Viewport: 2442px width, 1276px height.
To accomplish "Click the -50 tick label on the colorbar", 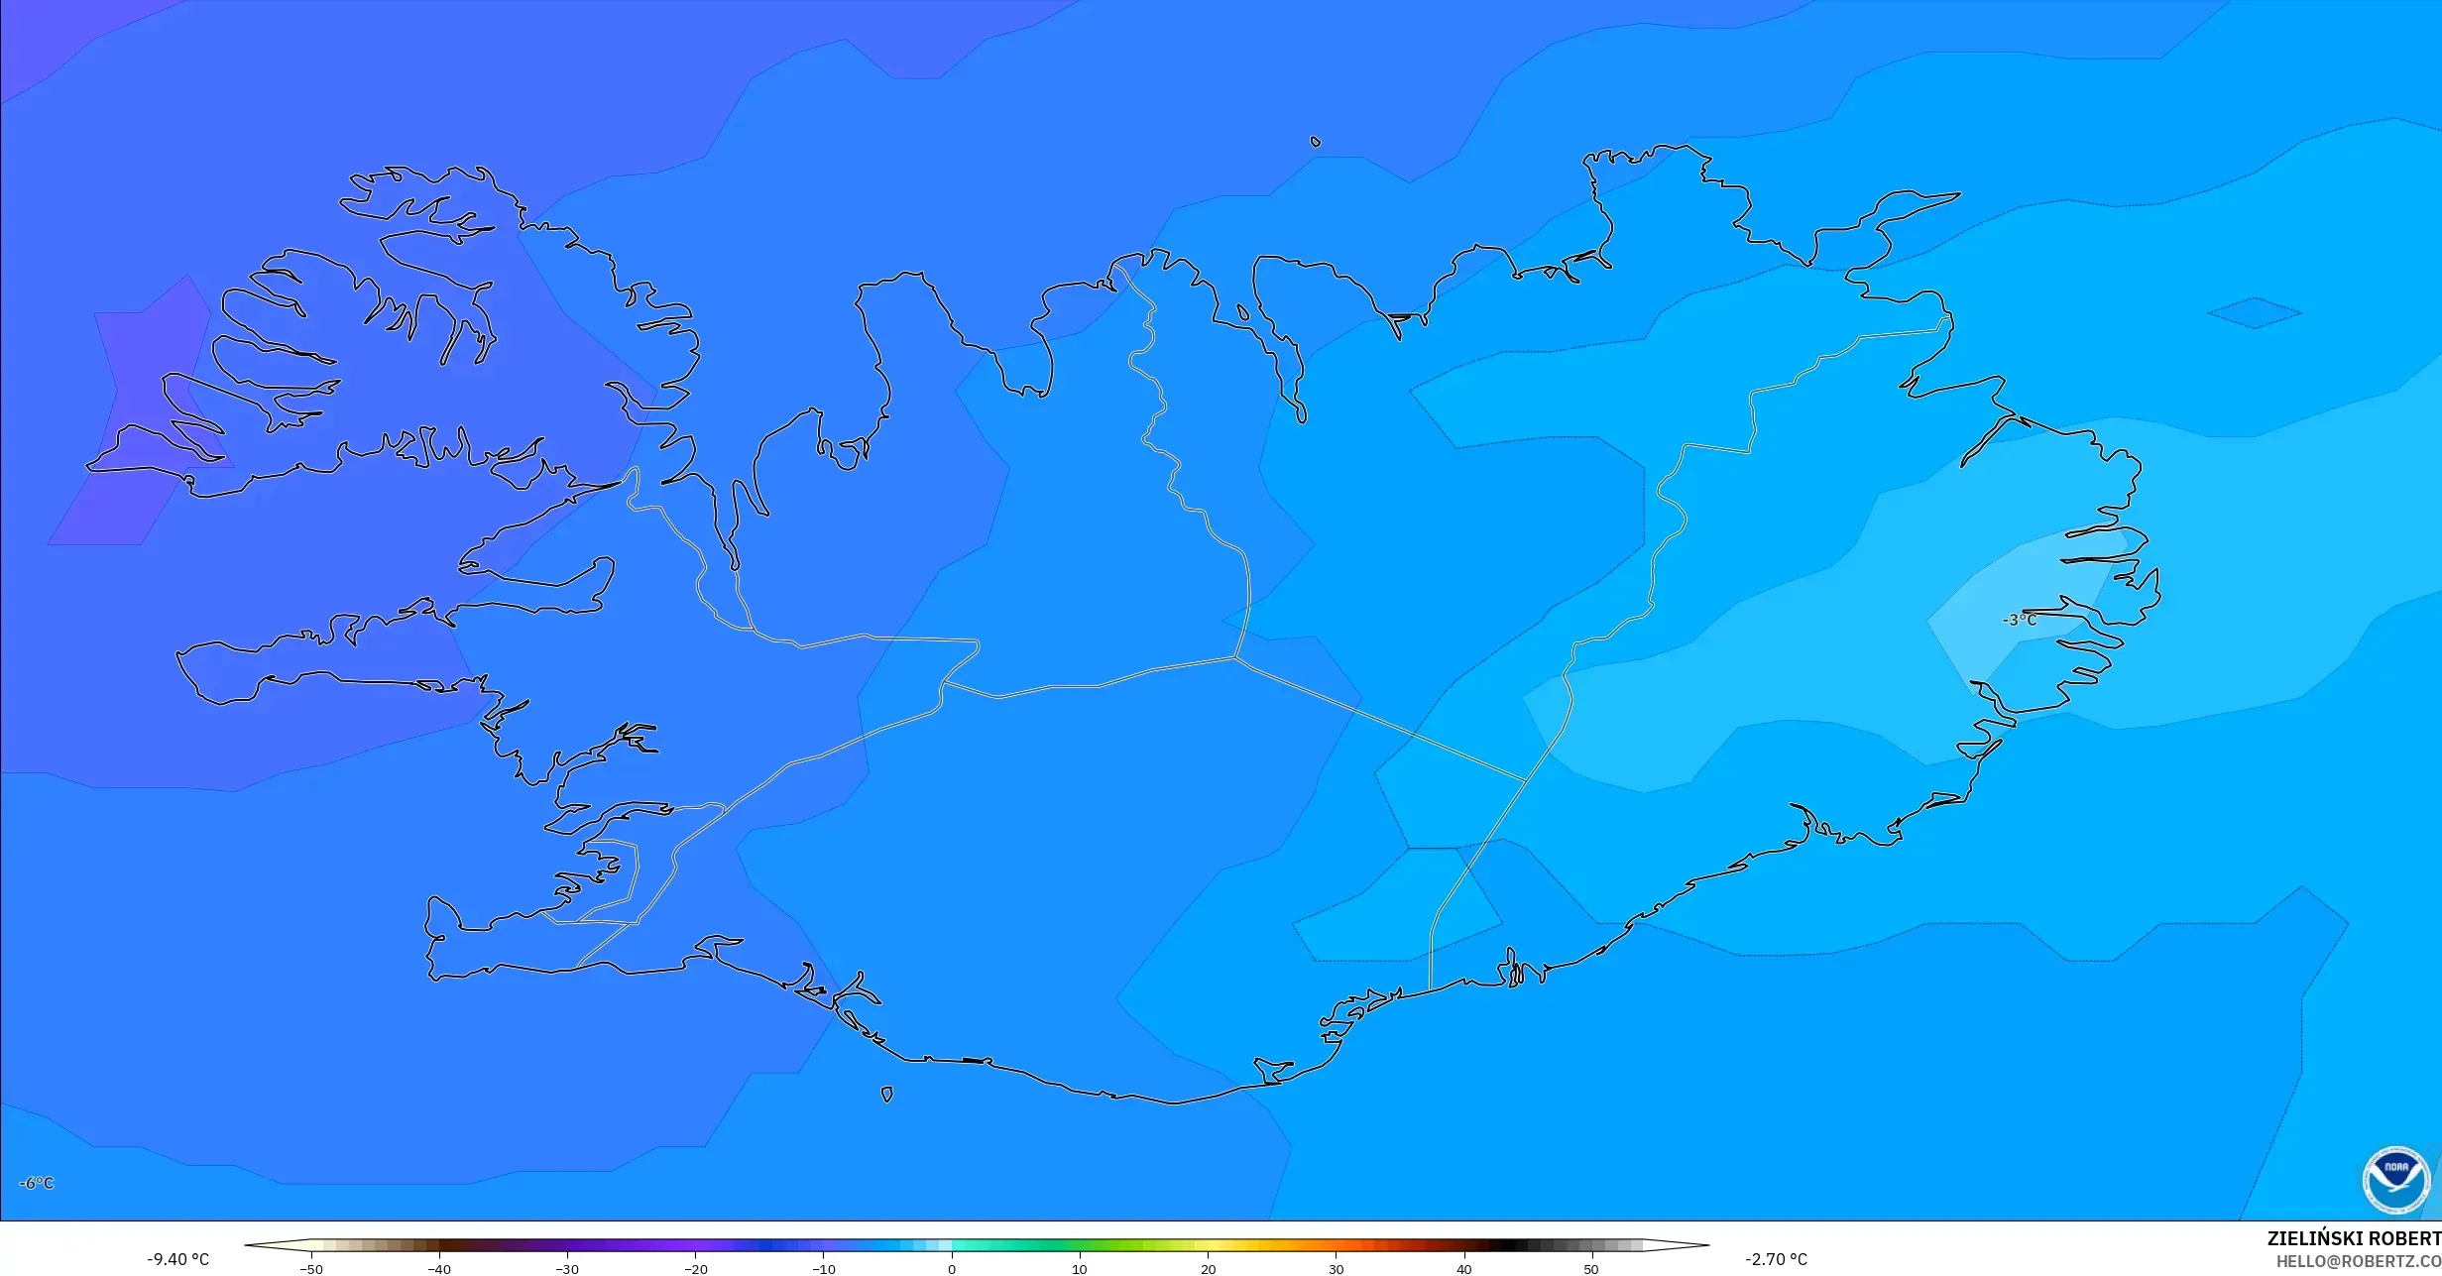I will click(x=311, y=1268).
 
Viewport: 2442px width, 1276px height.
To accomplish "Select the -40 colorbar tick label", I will click(x=439, y=1268).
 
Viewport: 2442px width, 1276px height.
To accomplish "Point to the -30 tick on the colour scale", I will click(x=567, y=1268).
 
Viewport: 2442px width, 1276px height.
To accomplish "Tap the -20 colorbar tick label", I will click(x=696, y=1268).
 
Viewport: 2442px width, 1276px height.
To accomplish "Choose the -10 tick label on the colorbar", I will click(x=824, y=1268).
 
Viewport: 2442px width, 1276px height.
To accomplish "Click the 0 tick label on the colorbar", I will click(x=952, y=1268).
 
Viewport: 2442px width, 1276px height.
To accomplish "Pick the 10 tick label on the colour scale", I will click(x=1080, y=1268).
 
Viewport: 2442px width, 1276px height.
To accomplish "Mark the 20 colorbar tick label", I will click(x=1208, y=1268).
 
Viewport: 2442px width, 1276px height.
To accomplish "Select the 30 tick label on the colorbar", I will click(x=1337, y=1268).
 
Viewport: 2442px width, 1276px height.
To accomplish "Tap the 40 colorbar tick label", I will click(x=1464, y=1268).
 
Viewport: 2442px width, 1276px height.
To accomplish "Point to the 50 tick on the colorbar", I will click(x=1592, y=1268).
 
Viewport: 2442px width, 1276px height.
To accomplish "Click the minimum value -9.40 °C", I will click(x=178, y=1259).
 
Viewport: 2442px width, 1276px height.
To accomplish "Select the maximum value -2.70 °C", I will click(x=1776, y=1259).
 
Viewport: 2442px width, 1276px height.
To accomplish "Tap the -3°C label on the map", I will click(x=2020, y=621).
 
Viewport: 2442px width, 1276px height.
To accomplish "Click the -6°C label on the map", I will click(x=37, y=1183).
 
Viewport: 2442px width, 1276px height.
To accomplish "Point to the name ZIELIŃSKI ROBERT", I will click(x=2354, y=1238).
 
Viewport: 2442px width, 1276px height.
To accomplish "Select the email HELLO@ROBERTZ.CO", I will click(x=2358, y=1261).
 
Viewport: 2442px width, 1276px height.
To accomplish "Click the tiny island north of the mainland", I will click(x=1316, y=142).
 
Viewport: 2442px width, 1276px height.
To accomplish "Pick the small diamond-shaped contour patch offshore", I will click(x=2255, y=313).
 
